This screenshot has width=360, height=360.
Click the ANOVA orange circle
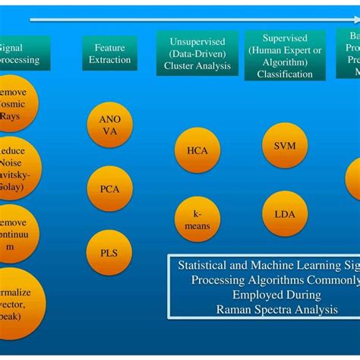tap(109, 125)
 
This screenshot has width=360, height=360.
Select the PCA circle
tap(109, 188)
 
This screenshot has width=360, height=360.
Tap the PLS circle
tap(109, 252)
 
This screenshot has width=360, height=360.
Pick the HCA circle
tap(197, 150)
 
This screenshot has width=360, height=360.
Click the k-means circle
tap(197, 219)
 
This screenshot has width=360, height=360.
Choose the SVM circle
tap(284, 145)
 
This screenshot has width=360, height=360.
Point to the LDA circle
tap(284, 213)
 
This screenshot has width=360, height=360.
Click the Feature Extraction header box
tap(109, 53)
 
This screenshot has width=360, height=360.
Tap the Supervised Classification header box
tap(285, 55)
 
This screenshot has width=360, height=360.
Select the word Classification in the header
tap(285, 74)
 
